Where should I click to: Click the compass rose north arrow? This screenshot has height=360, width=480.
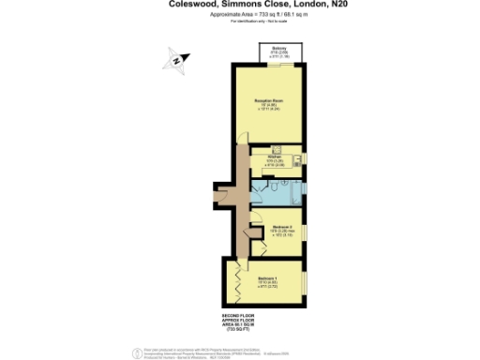click(177, 62)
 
